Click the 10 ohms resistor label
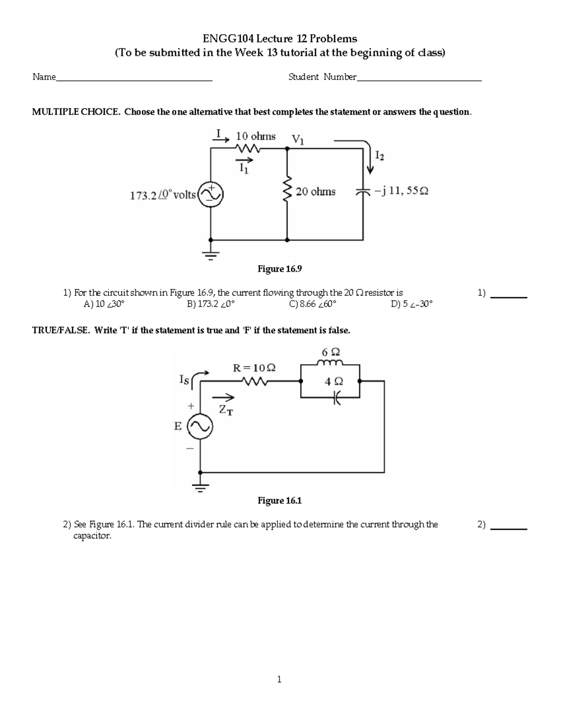(255, 137)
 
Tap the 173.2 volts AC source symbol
(211, 194)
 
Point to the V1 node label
(297, 139)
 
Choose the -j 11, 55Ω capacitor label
(401, 191)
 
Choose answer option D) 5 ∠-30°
(411, 304)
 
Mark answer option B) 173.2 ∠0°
(210, 304)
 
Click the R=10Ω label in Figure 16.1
(254, 368)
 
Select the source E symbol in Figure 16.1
(200, 426)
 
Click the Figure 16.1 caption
(280, 501)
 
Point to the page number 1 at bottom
(279, 680)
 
